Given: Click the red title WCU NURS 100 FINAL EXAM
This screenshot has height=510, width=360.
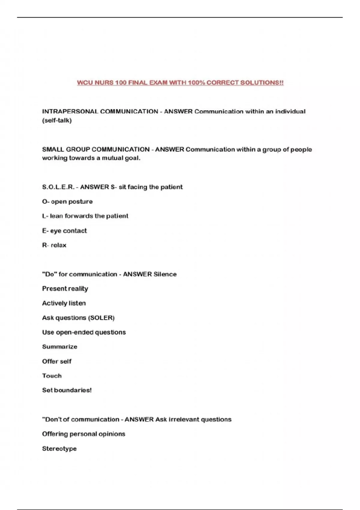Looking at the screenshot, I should pos(180,82).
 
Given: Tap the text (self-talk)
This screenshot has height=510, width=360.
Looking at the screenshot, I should pos(57,121).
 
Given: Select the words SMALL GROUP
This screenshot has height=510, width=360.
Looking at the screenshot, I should pos(66,149).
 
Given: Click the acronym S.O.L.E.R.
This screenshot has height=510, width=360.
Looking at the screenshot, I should pos(58,187).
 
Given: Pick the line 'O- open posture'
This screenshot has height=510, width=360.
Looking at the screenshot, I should pos(67,202).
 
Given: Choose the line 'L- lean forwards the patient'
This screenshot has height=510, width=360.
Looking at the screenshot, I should pos(85,216).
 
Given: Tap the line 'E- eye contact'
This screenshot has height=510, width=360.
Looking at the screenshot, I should pos(64,231).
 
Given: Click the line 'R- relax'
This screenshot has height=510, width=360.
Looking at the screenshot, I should pos(54,245).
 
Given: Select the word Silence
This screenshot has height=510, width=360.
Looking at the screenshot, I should pos(165,274).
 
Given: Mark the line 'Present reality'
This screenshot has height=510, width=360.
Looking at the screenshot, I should pos(65,289).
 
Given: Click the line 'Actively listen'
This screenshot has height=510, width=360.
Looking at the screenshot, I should pos(64,303).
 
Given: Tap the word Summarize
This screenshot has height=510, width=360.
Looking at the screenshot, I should pos(60,347).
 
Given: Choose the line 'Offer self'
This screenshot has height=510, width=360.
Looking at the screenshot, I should pos(57,361).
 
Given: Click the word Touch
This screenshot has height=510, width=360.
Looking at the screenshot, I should pos(52,376).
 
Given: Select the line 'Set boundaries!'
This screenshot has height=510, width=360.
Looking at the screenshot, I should pos(67,390).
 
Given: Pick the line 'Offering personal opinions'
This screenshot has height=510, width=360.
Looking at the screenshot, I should pos(84,434).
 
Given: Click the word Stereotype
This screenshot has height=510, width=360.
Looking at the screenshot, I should pos(59,449).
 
